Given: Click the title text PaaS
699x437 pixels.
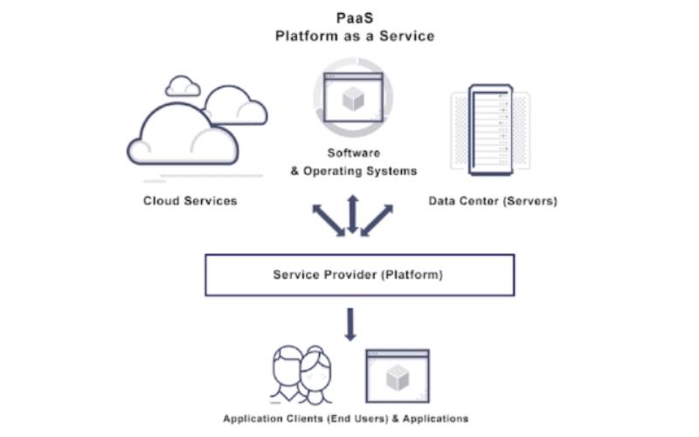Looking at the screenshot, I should tap(354, 17).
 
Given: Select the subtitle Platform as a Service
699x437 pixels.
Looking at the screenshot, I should tap(354, 36).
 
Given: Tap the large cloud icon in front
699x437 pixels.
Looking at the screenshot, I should tap(182, 135).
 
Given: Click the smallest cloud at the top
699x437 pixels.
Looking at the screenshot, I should tap(183, 86).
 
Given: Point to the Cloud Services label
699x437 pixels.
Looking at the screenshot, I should tap(190, 201).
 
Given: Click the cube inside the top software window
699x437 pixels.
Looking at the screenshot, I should tap(353, 101).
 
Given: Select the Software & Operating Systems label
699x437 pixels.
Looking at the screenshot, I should tap(353, 163).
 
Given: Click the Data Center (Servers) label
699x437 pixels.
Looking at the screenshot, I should tap(493, 201).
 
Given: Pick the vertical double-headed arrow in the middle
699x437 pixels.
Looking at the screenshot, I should tap(353, 214).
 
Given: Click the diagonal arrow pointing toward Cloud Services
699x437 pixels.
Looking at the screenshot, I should tap(329, 220).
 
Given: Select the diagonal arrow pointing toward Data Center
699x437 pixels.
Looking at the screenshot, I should tap(377, 220).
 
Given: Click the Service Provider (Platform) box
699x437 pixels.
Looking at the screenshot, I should tap(359, 275).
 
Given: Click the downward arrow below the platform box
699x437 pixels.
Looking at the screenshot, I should tap(350, 323).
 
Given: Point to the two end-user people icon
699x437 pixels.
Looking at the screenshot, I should tap(302, 374).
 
